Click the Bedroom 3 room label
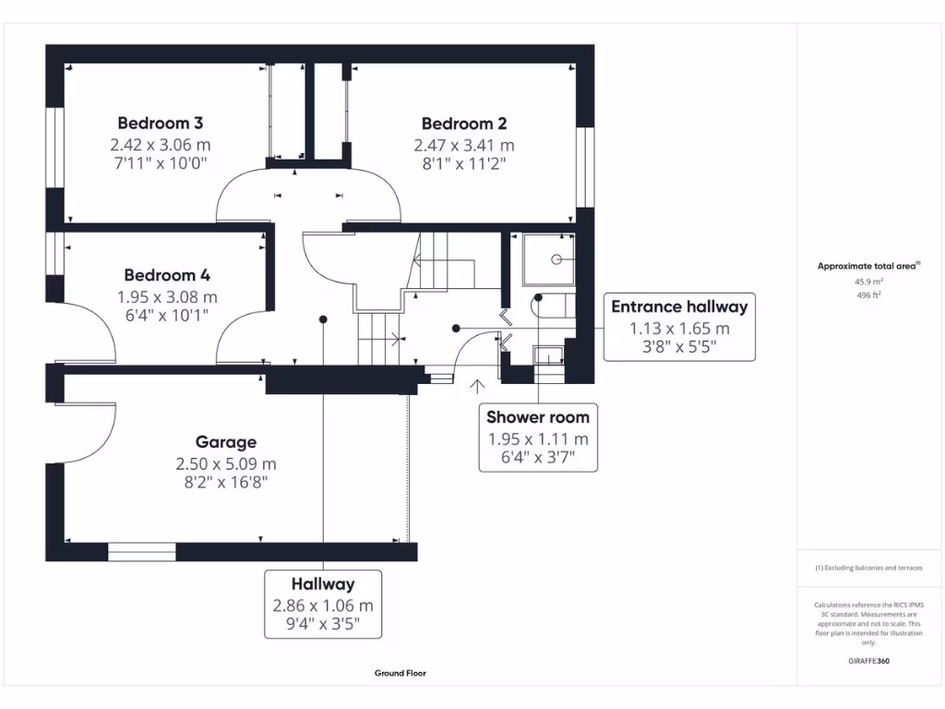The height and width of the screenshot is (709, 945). (160, 123)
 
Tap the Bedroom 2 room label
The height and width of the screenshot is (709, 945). (464, 123)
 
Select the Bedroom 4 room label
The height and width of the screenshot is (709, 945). (167, 275)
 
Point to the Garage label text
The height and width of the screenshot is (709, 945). (226, 442)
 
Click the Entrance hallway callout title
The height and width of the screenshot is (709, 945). (679, 306)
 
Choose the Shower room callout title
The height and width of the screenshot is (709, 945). (537, 417)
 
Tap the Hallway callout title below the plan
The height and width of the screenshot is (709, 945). (323, 583)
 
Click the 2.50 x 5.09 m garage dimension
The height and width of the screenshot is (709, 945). (226, 463)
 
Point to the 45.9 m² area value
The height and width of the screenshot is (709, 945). (867, 282)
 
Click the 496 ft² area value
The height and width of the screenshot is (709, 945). (867, 295)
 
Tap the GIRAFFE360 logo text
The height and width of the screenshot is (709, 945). (868, 661)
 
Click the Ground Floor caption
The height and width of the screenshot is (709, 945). (401, 674)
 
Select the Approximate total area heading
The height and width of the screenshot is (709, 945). (867, 266)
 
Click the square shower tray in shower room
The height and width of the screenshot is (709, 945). (548, 259)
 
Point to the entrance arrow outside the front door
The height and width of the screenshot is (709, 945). (478, 385)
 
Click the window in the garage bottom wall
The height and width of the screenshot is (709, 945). (141, 552)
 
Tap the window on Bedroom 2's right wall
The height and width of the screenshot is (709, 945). (583, 166)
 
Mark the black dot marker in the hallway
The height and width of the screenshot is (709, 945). (323, 319)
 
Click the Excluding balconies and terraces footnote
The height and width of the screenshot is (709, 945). (868, 568)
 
